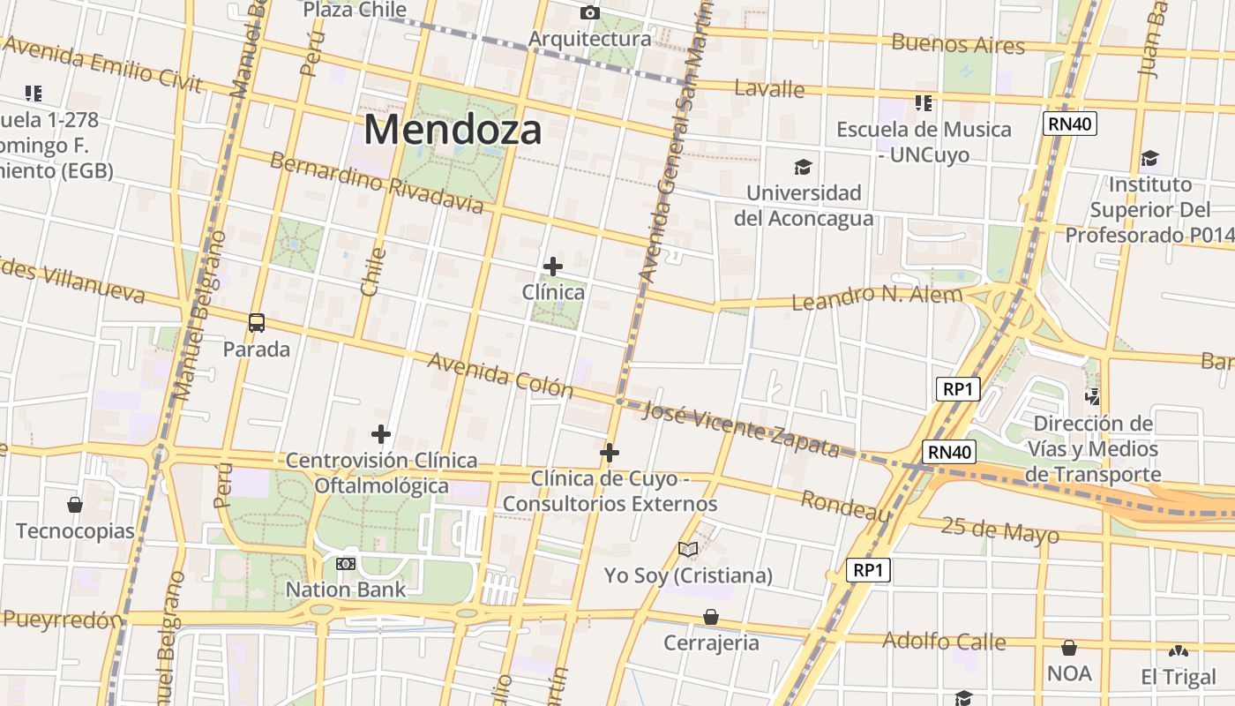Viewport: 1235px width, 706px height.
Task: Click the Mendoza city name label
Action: coord(453,130)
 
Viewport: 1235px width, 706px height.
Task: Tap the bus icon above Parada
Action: coord(257,323)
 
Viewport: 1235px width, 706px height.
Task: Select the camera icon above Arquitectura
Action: coord(589,12)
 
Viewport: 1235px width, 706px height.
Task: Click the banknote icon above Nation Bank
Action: coord(346,563)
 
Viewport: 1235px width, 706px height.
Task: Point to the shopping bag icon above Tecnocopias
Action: coord(75,505)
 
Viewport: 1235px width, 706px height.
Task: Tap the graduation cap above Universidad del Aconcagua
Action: coord(803,167)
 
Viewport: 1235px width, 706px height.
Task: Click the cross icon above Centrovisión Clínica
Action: coord(381,434)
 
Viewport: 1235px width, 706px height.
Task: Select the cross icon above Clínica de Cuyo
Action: coord(609,453)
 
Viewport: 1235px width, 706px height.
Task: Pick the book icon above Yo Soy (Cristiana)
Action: coord(688,550)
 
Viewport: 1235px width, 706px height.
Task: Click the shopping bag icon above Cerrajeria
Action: coord(711,617)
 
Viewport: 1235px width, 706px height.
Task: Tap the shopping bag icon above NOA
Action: coord(1069,648)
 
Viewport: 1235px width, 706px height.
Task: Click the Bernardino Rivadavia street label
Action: coord(377,183)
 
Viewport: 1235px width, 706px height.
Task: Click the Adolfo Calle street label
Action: coord(944,641)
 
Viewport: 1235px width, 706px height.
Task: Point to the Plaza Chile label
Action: coord(355,10)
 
